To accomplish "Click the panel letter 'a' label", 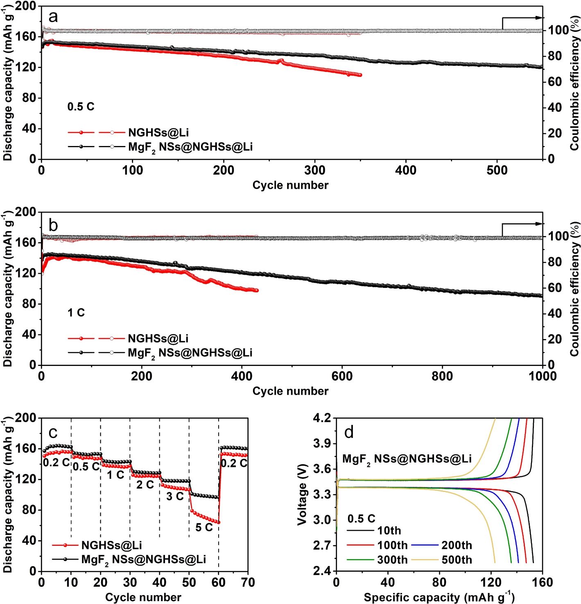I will (53, 18).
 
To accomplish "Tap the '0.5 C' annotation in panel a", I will (81, 107).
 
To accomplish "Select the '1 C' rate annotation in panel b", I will (76, 313).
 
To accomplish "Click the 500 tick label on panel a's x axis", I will (497, 171).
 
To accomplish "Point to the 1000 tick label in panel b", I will (542, 376).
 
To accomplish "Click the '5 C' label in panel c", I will (204, 528).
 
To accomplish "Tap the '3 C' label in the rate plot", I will (175, 496).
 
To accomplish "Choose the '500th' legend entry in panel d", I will (457, 560).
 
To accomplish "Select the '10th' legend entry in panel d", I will (389, 531).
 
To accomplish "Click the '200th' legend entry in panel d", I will (457, 546).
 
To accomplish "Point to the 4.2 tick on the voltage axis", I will (323, 418).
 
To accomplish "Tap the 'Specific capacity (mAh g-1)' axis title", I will (439, 597).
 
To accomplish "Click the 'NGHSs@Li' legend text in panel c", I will (112, 545).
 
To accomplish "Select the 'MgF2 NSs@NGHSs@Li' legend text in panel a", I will (190, 147).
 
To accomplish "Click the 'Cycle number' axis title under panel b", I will (290, 391).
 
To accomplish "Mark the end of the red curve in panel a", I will (360, 75).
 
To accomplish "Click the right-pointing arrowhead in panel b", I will (540, 224).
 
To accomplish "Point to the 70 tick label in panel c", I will (248, 582).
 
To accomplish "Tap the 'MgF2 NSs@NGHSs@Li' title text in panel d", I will (407, 459).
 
